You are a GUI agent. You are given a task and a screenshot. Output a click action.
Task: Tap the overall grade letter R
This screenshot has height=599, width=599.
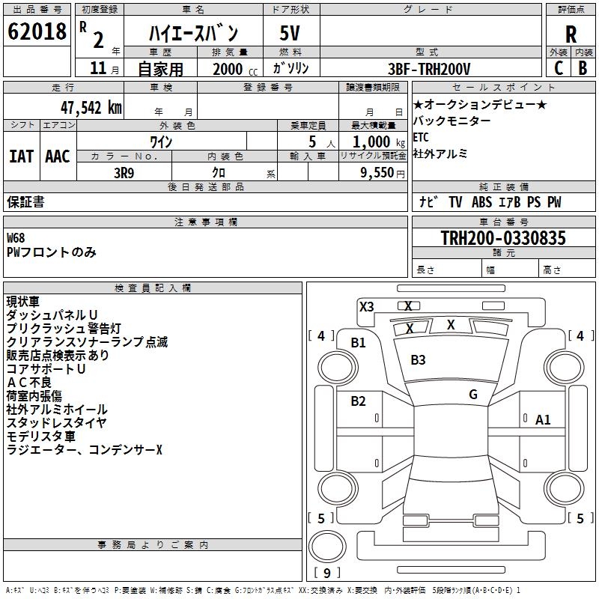[x=571, y=34]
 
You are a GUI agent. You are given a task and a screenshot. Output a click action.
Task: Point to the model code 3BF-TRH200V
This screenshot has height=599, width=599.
[x=430, y=69]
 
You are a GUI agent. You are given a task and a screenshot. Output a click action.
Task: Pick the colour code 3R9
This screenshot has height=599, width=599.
[x=124, y=171]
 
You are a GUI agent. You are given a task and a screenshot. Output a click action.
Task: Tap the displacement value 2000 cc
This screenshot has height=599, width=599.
[x=230, y=69]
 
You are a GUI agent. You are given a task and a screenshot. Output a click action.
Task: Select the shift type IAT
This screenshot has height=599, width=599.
[x=21, y=156]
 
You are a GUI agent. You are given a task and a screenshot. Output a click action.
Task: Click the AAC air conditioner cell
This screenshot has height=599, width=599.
[x=58, y=156]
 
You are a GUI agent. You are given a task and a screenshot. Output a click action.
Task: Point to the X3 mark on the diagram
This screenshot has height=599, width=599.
[x=366, y=306]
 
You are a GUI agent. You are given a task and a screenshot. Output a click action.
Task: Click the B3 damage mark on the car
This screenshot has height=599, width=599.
[x=418, y=360]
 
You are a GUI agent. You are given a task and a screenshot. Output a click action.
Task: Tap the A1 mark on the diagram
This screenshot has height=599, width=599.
[x=543, y=420]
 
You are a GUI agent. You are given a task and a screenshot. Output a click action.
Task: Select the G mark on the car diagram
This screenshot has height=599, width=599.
[x=473, y=395]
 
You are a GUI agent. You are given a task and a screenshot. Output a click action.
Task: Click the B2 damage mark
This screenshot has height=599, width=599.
[x=359, y=401]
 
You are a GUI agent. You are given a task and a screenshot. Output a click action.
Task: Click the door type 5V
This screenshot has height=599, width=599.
[x=291, y=33]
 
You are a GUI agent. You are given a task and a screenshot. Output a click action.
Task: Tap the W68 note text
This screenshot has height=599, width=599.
[x=16, y=238]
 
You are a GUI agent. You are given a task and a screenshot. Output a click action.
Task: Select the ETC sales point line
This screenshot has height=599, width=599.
[x=421, y=138]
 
